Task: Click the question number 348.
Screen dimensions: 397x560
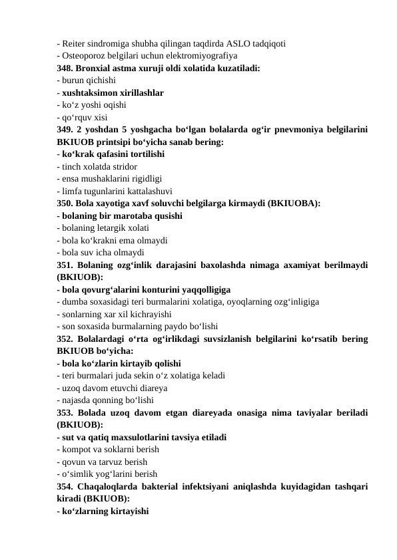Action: pos(65,69)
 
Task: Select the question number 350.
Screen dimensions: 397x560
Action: pos(65,204)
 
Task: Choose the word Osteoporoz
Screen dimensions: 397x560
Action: pos(83,57)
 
